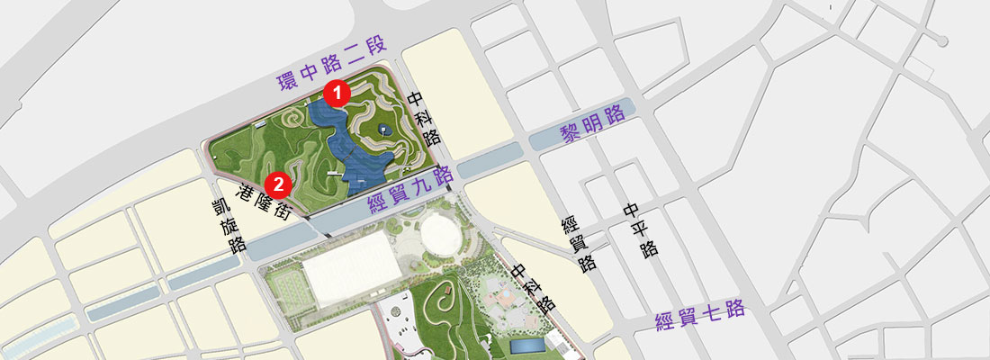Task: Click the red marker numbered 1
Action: (x=337, y=92)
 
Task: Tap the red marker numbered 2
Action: (x=279, y=184)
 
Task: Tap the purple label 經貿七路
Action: (x=700, y=316)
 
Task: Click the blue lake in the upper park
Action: (x=351, y=148)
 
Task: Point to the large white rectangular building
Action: (x=351, y=267)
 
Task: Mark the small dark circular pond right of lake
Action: (x=385, y=130)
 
